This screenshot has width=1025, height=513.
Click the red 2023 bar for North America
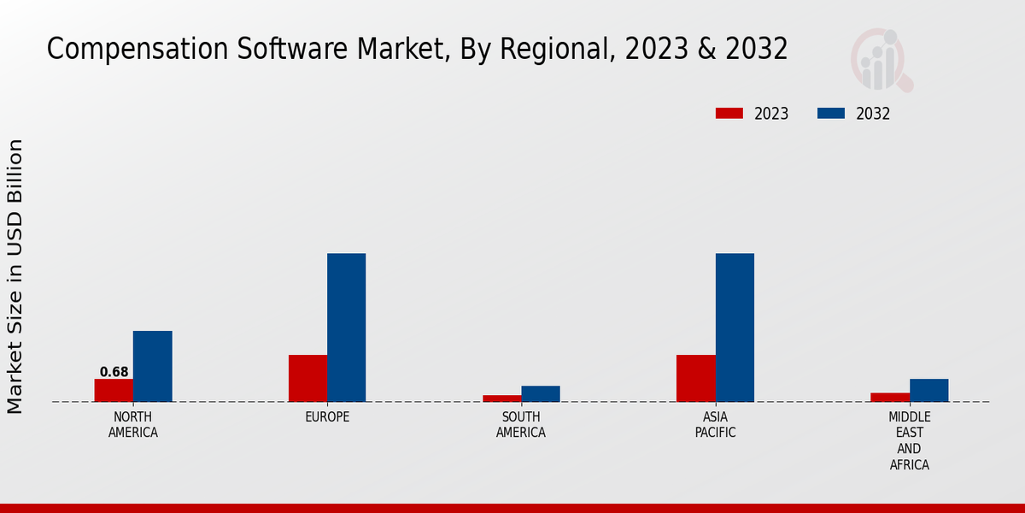point(114,390)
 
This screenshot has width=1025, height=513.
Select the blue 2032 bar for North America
point(152,366)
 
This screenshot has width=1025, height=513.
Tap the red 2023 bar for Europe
point(307,378)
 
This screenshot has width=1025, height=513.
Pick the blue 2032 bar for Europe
point(346,327)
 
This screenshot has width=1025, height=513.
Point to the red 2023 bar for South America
point(501,398)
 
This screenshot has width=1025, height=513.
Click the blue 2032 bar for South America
point(541,393)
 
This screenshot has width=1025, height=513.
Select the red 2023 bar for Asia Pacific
point(695,378)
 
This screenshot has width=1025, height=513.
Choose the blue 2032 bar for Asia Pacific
point(735,327)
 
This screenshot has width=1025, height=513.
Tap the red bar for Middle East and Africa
point(890,397)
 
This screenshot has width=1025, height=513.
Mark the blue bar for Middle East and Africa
point(928,390)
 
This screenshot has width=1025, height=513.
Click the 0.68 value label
point(114,372)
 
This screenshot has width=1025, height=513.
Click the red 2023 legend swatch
point(729,114)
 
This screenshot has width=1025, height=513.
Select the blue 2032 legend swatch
point(831,114)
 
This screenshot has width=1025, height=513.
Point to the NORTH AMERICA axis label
point(133,425)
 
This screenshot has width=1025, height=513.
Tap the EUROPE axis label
point(327,417)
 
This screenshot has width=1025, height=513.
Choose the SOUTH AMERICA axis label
point(521,425)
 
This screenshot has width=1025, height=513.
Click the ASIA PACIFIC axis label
point(715,425)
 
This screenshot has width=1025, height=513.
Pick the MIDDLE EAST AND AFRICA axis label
point(909,441)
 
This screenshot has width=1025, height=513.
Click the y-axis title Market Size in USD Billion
point(15,276)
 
